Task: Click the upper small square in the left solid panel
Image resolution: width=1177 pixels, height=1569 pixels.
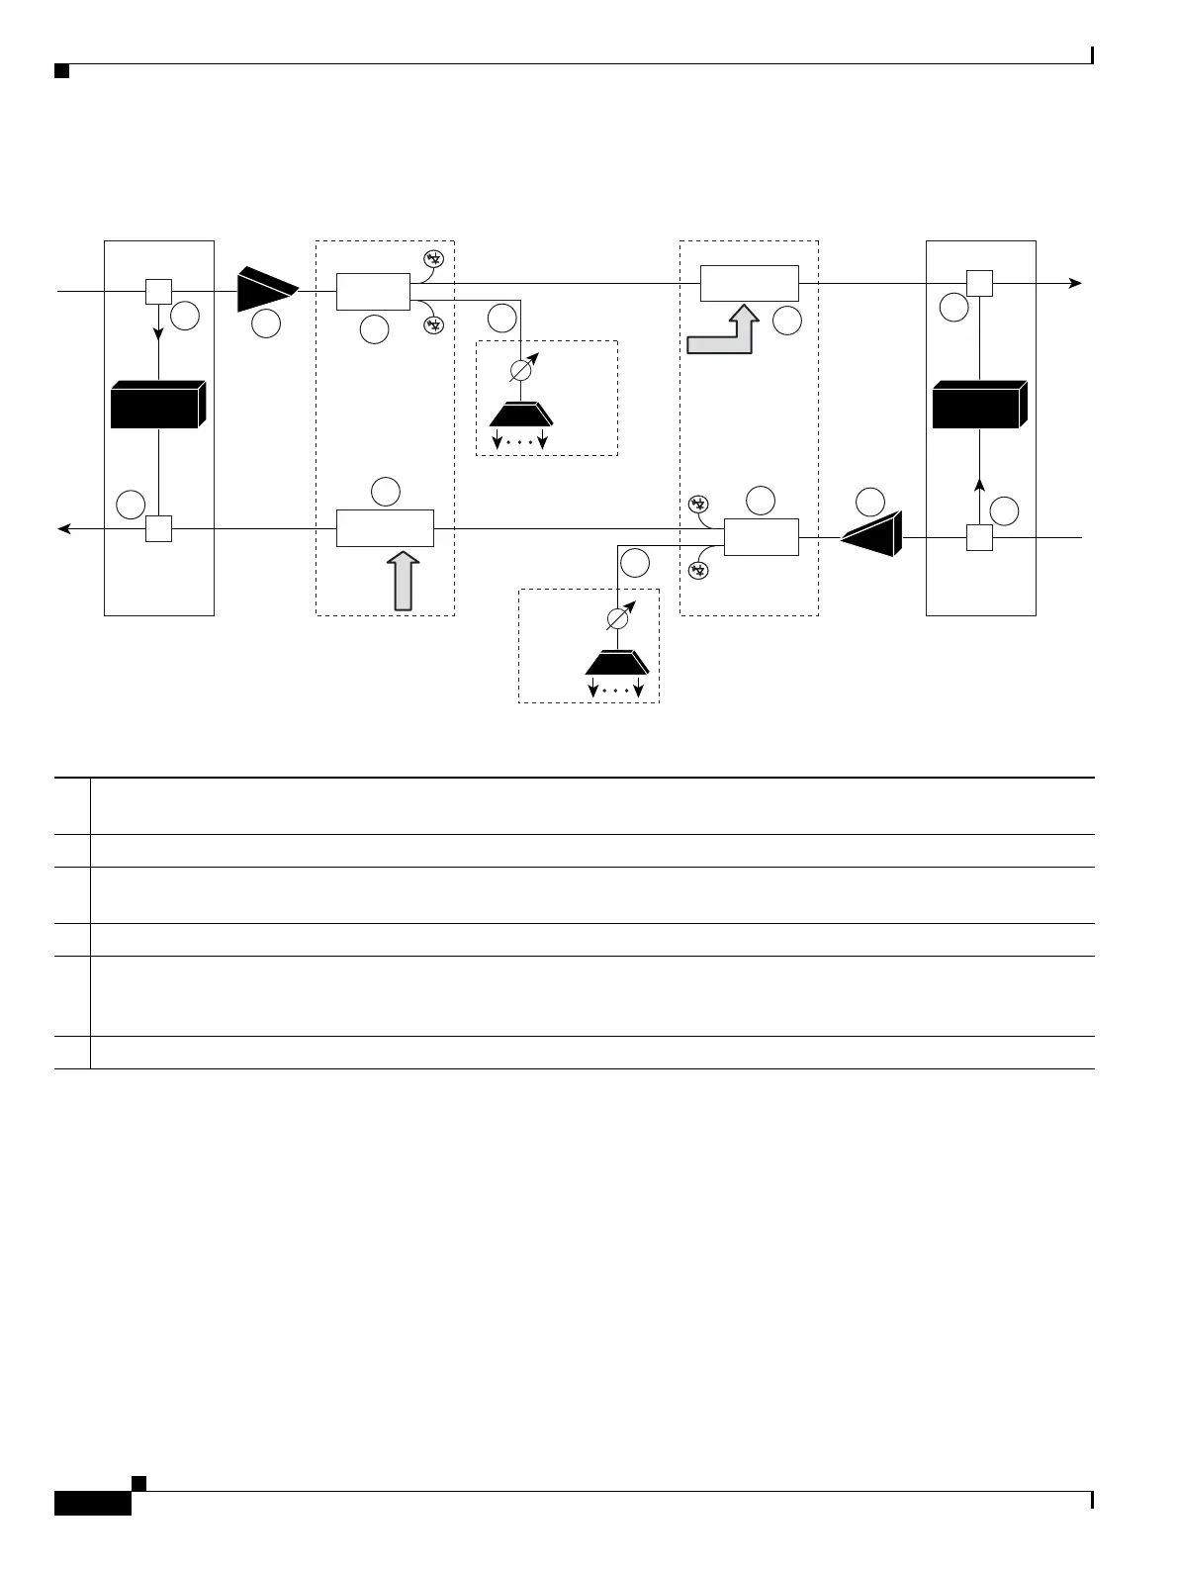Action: coord(158,292)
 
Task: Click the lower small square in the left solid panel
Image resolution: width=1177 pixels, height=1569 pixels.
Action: coord(158,529)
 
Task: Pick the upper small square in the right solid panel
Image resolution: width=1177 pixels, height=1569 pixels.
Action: coord(979,283)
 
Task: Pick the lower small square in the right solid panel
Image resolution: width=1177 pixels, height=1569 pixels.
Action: coord(979,538)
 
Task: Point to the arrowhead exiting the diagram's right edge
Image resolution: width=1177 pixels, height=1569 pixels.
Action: coord(1075,283)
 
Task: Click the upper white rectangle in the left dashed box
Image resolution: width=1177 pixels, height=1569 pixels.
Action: coord(373,292)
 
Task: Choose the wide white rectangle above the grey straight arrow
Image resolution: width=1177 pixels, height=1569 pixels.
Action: coord(385,528)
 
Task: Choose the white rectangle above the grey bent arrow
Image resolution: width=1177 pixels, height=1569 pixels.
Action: coord(749,283)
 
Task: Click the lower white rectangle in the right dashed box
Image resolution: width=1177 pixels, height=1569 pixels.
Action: coord(761,537)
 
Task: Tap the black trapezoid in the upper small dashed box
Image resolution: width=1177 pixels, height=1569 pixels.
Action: coord(520,413)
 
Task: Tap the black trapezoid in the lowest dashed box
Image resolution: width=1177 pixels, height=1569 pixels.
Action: coord(615,662)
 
